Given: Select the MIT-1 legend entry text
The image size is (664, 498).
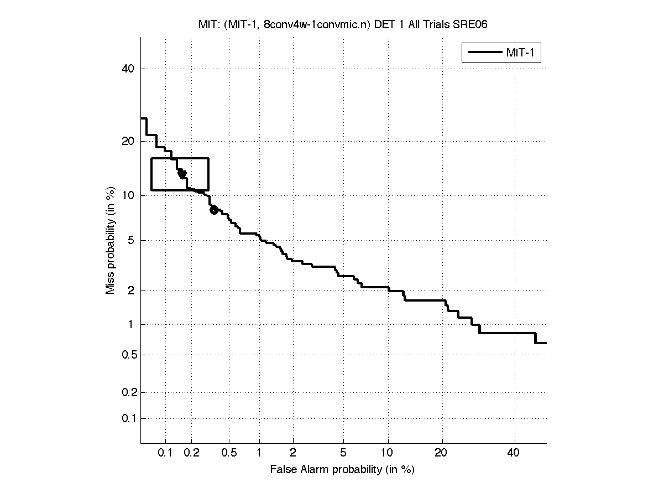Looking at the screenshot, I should click(522, 53).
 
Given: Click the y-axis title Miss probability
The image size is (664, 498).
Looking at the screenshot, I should click(111, 242).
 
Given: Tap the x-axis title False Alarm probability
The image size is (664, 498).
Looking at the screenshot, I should click(342, 470).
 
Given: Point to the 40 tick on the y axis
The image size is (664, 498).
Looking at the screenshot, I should click(129, 69).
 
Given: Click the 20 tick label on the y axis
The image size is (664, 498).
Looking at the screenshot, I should click(129, 141).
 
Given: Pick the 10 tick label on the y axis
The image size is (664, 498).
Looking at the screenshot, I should click(129, 195).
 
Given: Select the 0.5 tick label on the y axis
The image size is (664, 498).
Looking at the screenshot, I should click(127, 355).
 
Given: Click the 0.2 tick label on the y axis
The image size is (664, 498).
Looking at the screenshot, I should click(127, 392).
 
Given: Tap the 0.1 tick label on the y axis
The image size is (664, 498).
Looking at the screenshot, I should click(127, 418).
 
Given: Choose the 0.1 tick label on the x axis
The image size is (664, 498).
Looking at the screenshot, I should click(165, 453).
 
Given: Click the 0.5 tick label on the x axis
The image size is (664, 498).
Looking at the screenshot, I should click(229, 453).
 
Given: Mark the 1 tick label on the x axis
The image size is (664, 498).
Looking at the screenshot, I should click(259, 453).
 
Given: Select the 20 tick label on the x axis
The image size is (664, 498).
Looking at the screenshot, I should click(441, 453).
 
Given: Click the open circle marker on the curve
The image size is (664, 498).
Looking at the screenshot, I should click(214, 210).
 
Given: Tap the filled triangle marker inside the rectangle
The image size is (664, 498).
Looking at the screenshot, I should click(182, 174).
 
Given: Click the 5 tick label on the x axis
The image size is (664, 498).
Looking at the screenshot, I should click(343, 453).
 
